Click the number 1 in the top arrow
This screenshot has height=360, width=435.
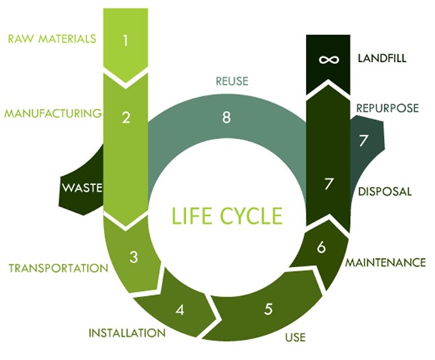click(x=125, y=40)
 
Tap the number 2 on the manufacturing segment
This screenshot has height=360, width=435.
click(x=126, y=117)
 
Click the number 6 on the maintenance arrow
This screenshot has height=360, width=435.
click(x=321, y=248)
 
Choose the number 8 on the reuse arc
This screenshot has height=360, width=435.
click(x=226, y=118)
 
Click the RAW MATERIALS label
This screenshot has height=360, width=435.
click(x=51, y=38)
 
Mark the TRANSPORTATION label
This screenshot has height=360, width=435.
click(x=58, y=268)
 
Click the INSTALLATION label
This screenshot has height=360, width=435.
click(x=127, y=333)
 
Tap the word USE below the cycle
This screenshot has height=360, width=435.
click(x=296, y=339)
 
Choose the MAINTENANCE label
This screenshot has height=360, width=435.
click(x=386, y=263)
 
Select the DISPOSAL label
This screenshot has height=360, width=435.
click(x=383, y=190)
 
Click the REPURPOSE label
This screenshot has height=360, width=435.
click(x=387, y=108)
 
